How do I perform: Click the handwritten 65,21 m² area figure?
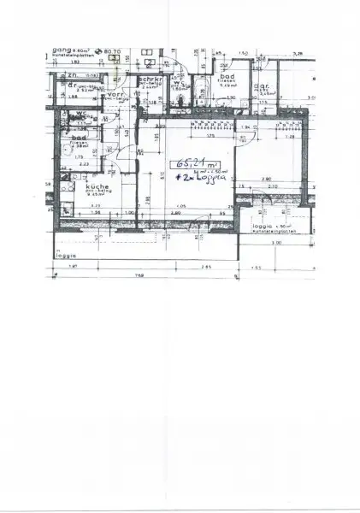[191, 163]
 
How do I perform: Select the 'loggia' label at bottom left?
[66, 256]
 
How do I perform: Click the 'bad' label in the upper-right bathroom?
[226, 79]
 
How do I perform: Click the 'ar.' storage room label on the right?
[266, 85]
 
